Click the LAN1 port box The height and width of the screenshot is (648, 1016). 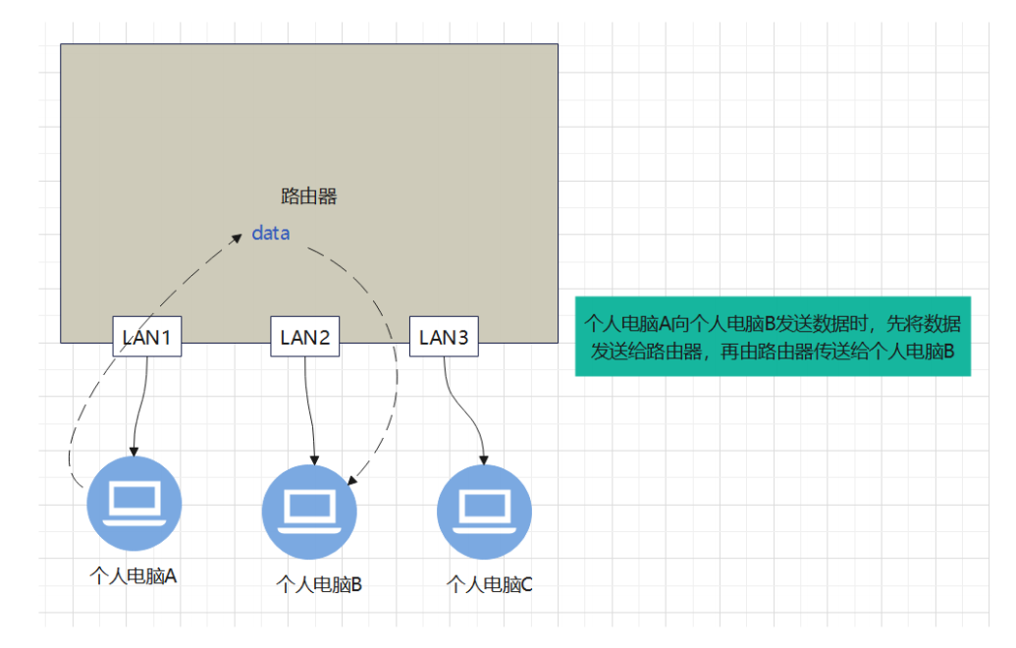(x=147, y=338)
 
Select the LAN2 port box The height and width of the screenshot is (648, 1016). (x=305, y=338)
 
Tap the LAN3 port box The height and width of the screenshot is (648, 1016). (x=444, y=338)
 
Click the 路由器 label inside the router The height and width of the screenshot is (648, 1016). (x=309, y=196)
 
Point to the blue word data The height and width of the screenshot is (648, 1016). (x=271, y=234)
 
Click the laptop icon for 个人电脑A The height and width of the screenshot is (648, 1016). (x=134, y=503)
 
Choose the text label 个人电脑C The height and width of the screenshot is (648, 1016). (x=490, y=585)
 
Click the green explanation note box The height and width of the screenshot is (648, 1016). (x=773, y=336)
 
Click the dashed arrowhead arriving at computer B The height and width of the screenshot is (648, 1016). (x=352, y=478)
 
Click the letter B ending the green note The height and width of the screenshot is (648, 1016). (x=948, y=351)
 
